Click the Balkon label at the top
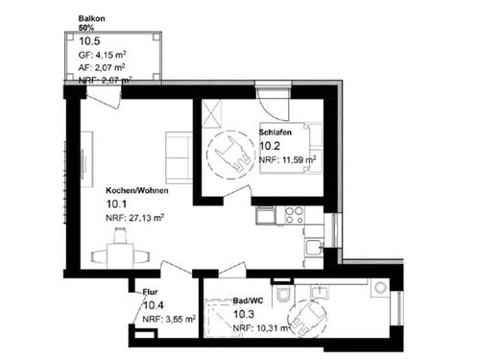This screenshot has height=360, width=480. [92, 18]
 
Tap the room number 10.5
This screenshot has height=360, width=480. [89, 40]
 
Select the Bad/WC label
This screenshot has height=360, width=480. [249, 300]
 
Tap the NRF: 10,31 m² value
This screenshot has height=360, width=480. [260, 328]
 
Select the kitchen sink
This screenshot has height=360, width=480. [311, 248]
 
